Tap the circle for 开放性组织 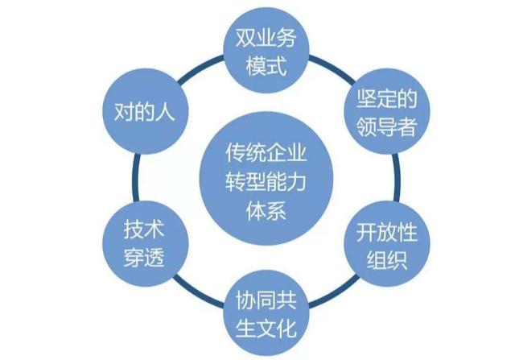point(384,245)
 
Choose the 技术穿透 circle point(134,245)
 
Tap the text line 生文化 point(259,329)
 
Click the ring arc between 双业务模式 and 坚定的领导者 point(326,64)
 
